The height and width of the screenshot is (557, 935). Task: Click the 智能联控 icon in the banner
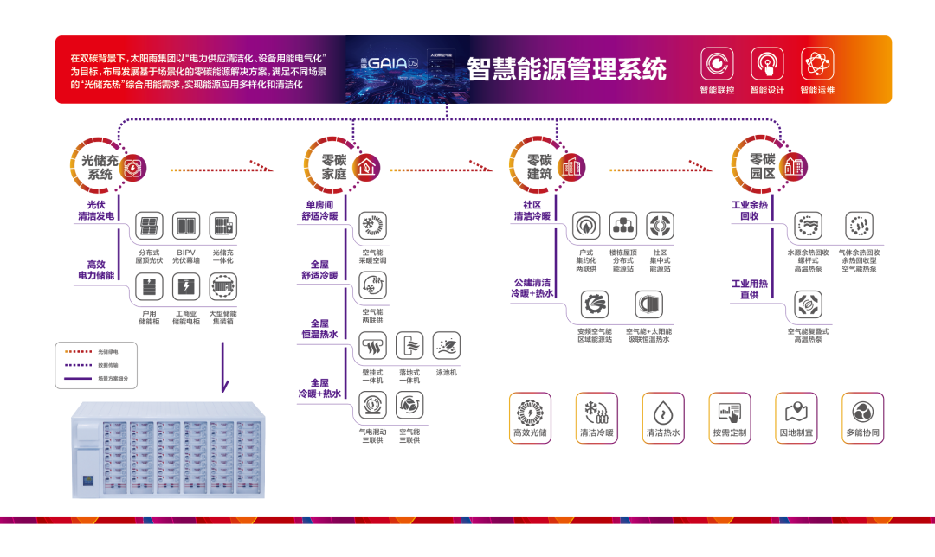click(718, 64)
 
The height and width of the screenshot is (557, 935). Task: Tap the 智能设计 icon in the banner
click(767, 64)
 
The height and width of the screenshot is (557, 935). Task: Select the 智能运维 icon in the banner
click(817, 64)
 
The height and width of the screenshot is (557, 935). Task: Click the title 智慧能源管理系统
click(567, 69)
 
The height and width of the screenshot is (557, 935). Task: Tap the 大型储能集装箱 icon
click(222, 286)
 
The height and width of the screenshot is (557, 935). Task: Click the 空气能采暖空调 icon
click(372, 226)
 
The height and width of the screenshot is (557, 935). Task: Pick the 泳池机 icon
click(447, 346)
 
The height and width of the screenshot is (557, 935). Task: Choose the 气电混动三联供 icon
click(372, 406)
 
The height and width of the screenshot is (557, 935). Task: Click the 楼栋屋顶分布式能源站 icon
click(622, 227)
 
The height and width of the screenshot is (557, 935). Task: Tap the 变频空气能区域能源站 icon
click(595, 304)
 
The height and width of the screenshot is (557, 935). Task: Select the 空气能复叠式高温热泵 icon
click(808, 304)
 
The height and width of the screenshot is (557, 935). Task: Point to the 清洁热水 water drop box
click(663, 417)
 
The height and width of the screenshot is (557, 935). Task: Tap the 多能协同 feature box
click(863, 417)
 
